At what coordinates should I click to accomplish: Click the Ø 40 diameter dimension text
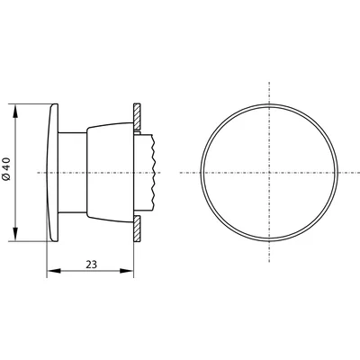click(7, 169)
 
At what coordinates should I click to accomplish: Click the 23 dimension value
click(92, 265)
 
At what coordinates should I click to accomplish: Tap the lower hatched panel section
click(137, 229)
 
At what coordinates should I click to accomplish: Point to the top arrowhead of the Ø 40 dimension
click(15, 111)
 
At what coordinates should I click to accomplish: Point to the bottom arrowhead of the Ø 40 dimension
click(15, 234)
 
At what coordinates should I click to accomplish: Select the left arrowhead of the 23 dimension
click(54, 271)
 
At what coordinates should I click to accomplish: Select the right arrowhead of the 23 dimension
click(126, 271)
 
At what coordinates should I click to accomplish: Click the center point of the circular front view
click(269, 173)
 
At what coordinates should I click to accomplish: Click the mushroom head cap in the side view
click(53, 173)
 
